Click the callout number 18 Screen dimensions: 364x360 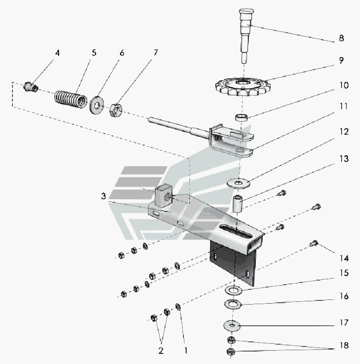[x=341, y=345]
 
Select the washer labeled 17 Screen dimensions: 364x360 [x=233, y=324]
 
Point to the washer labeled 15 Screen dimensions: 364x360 [x=234, y=290]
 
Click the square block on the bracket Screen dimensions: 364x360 [x=164, y=195]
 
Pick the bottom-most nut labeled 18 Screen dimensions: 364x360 [x=232, y=352]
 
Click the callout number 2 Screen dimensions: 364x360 [x=161, y=350]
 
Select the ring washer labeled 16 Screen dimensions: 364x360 [x=233, y=304]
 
